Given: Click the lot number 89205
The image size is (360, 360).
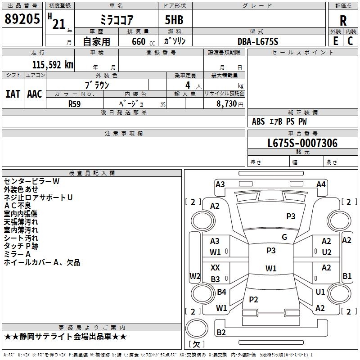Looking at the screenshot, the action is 22,18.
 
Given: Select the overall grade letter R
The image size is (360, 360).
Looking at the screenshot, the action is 343,21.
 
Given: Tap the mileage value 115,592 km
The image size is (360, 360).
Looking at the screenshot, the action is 53,65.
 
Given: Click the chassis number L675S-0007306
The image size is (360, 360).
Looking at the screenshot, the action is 302,143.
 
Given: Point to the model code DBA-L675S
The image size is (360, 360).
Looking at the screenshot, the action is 258,41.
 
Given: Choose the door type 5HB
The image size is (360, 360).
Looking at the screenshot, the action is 174,20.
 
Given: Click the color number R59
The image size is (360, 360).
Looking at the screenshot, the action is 74,104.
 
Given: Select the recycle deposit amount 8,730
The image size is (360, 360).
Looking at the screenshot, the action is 227,104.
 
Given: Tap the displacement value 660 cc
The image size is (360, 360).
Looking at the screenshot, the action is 143,41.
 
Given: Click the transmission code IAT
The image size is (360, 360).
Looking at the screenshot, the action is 13,94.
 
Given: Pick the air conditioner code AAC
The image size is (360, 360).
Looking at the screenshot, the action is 35,94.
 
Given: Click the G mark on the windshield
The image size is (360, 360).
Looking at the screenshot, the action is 284,237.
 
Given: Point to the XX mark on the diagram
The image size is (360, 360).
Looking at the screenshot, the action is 215,267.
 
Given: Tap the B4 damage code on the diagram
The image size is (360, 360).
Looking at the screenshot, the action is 221,292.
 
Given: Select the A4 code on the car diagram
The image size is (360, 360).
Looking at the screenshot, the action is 321,184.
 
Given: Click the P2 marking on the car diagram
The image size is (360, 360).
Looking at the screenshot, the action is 253,299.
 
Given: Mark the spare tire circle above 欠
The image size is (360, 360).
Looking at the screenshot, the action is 197,328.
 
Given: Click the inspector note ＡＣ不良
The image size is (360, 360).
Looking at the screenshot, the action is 18,206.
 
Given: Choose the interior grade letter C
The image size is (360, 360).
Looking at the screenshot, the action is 350,41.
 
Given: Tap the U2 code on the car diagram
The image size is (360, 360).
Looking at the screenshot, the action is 327,252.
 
